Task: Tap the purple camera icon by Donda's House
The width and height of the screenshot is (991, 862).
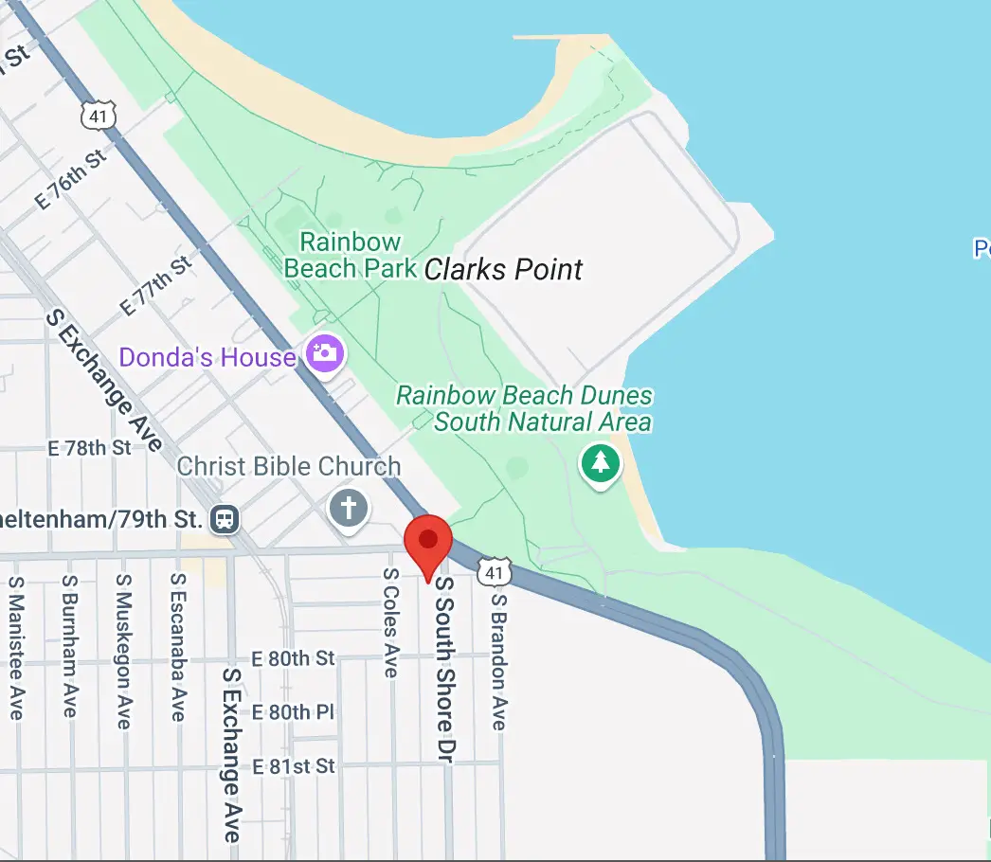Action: point(324,353)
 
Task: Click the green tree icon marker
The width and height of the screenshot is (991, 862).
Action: point(600,463)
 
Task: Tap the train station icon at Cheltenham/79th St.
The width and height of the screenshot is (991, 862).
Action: point(225,519)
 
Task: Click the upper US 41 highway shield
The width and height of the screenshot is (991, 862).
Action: point(99,115)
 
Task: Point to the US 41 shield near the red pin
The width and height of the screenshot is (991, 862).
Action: point(495,571)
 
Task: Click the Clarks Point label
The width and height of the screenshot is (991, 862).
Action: point(503,269)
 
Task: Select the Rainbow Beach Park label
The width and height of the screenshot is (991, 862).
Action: point(351,255)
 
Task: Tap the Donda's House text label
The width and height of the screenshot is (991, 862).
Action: point(207,357)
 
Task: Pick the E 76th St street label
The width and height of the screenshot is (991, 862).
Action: point(71,181)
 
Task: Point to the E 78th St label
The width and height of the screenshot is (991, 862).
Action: point(90,447)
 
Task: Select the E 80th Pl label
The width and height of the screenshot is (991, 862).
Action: point(294,712)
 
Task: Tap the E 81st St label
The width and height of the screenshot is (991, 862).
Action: point(294,765)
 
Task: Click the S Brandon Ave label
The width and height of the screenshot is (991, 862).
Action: point(499,661)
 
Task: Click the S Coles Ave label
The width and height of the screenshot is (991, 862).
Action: point(390,623)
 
